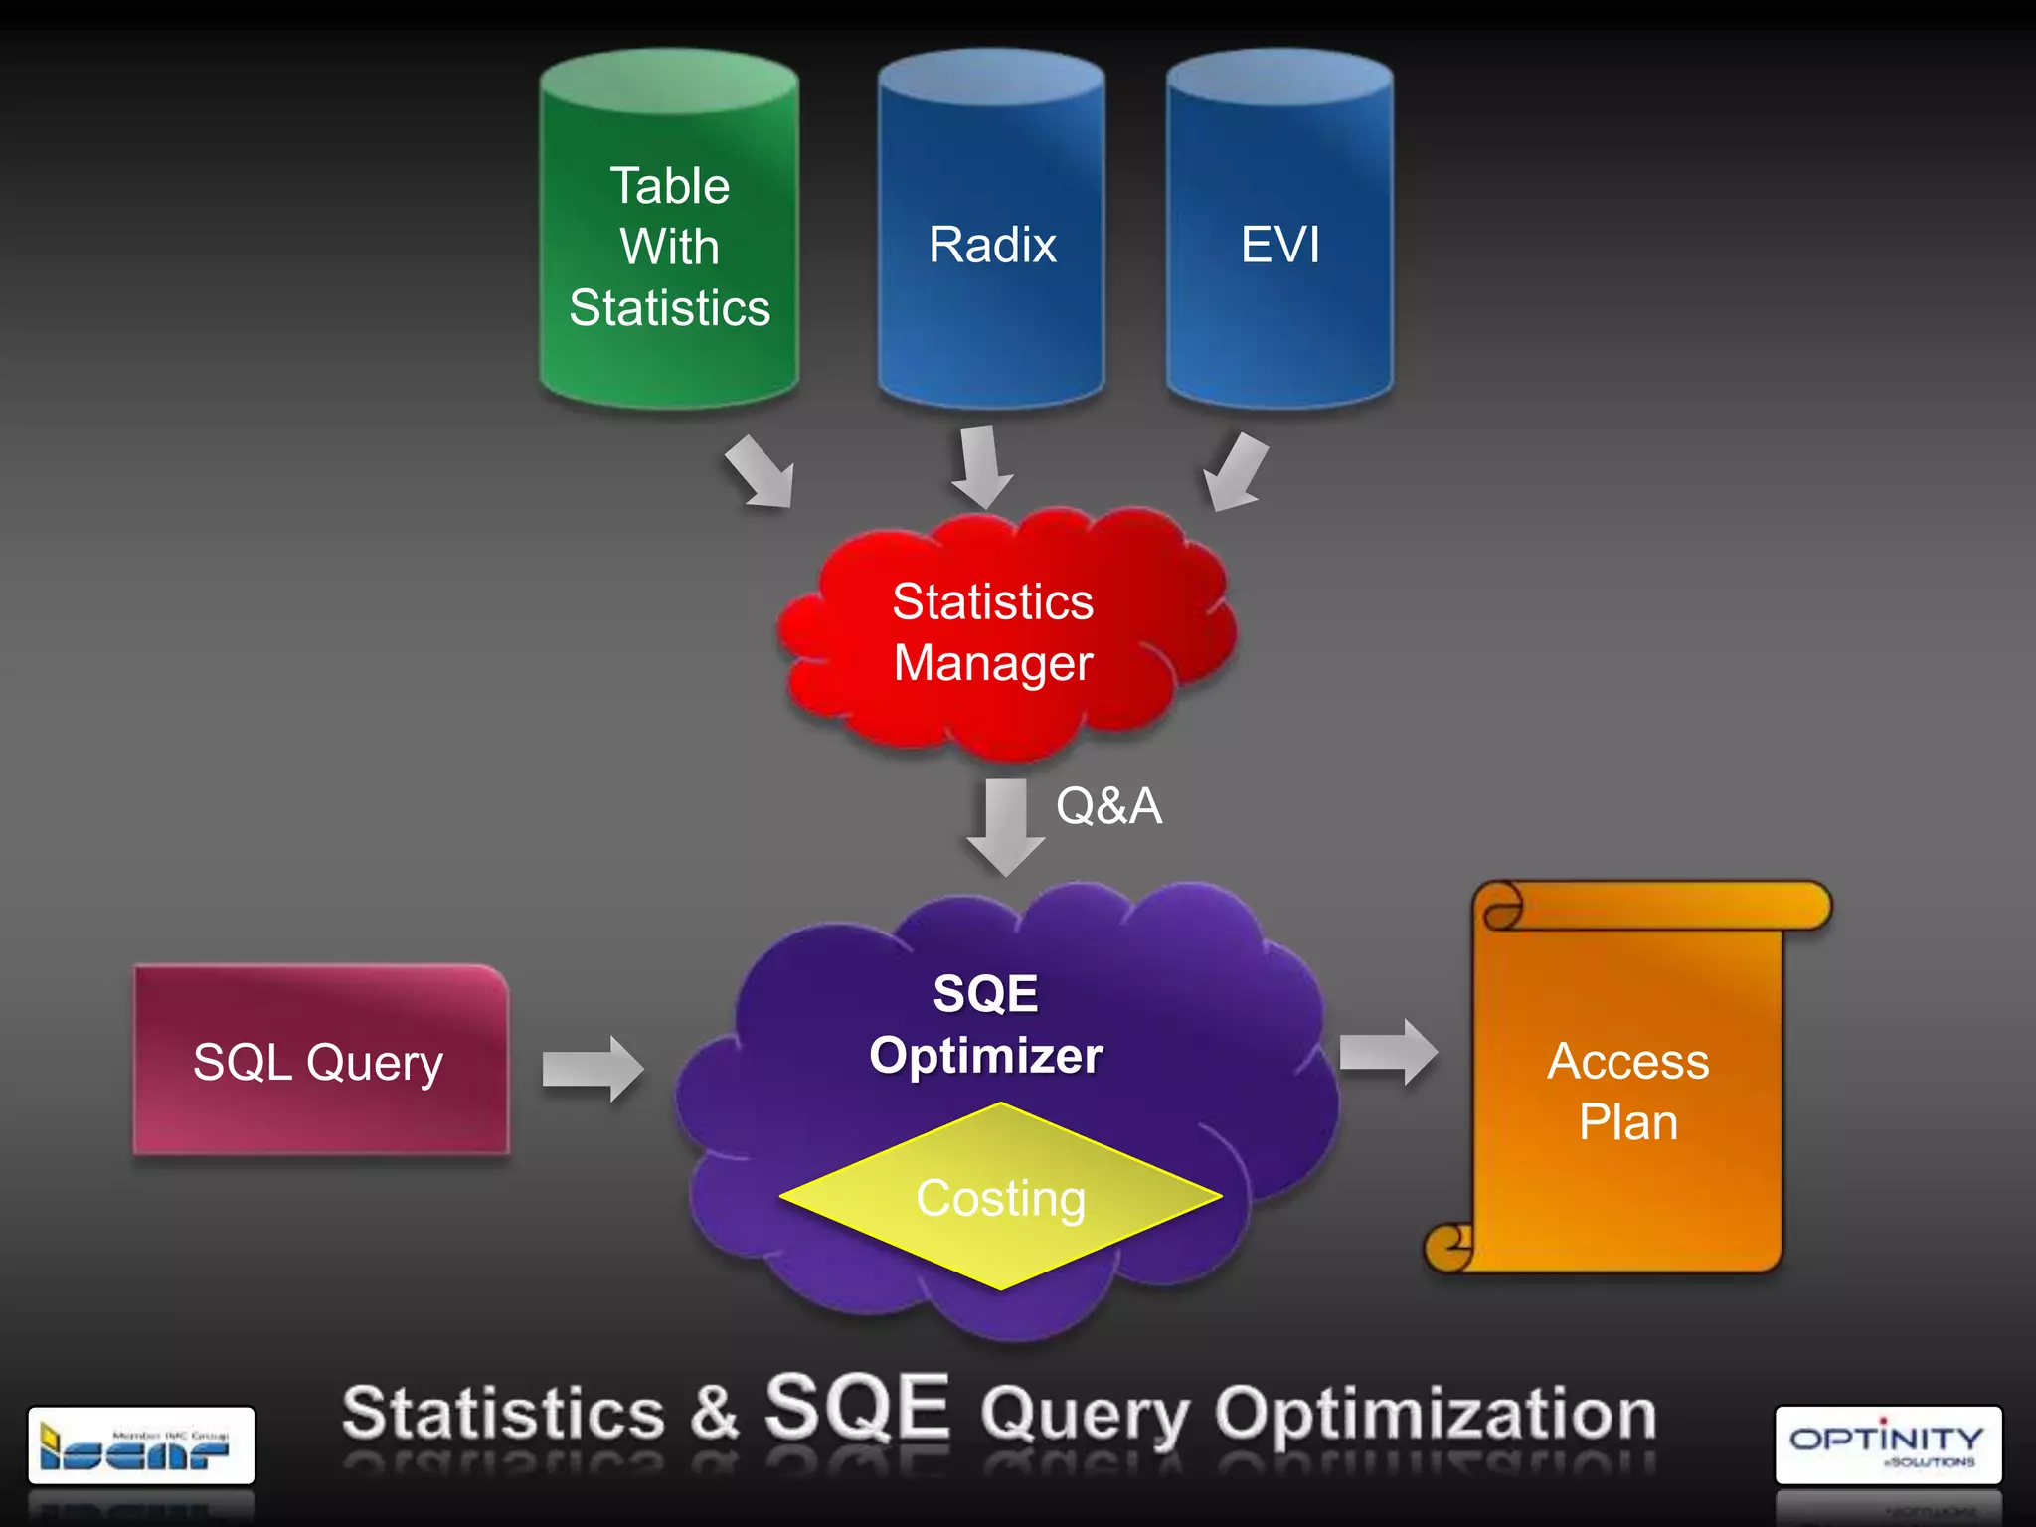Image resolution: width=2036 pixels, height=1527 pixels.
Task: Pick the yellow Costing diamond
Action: [1000, 1197]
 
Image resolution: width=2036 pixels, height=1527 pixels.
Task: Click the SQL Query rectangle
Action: [320, 1061]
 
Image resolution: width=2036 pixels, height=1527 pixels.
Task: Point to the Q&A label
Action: [1108, 805]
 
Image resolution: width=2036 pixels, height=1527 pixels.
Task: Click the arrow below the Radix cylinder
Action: [981, 466]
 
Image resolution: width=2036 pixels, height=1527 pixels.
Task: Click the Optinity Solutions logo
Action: [1888, 1444]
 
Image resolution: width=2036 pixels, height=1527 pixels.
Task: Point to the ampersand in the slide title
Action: [715, 1412]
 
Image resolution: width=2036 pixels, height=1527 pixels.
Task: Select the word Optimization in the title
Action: [1436, 1415]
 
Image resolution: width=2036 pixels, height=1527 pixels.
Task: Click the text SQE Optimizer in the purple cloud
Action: [986, 1024]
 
